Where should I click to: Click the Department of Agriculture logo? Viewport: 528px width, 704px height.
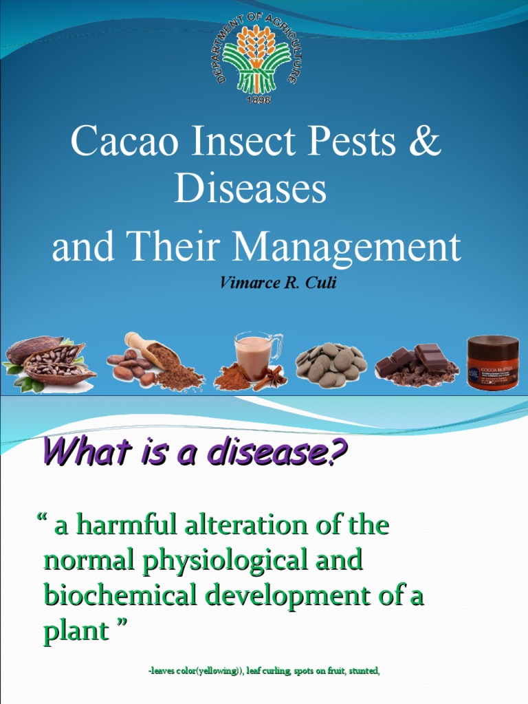(256, 58)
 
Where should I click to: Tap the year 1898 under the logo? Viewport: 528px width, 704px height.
(257, 100)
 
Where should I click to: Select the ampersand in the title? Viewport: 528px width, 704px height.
(425, 142)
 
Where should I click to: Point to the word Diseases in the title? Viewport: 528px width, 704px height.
(250, 189)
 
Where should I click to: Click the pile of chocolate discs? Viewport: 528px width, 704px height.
(331, 362)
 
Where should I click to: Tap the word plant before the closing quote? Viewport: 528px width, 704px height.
(75, 631)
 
